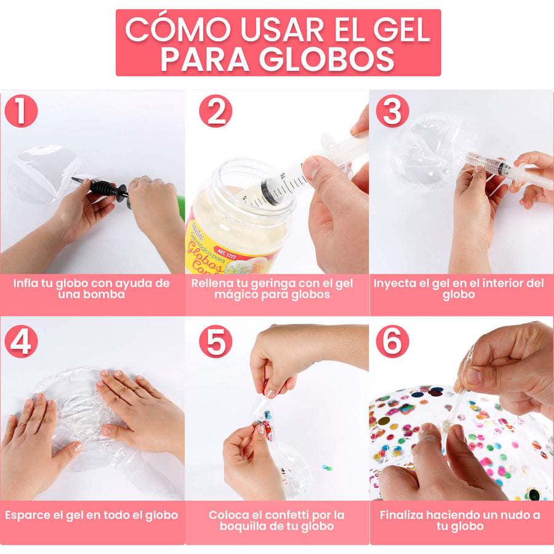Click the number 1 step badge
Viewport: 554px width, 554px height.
(x=21, y=111)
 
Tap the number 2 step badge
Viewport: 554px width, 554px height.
(x=215, y=111)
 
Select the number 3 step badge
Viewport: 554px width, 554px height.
(x=393, y=111)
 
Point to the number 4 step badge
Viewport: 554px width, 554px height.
(x=21, y=341)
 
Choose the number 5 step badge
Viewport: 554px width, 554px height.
(x=215, y=341)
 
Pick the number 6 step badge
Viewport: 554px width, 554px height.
(x=393, y=341)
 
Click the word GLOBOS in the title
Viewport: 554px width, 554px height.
(x=327, y=58)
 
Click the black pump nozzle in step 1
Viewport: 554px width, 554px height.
(x=101, y=188)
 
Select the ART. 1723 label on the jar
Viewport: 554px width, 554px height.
(x=227, y=254)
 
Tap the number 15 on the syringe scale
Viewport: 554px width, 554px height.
(x=283, y=175)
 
